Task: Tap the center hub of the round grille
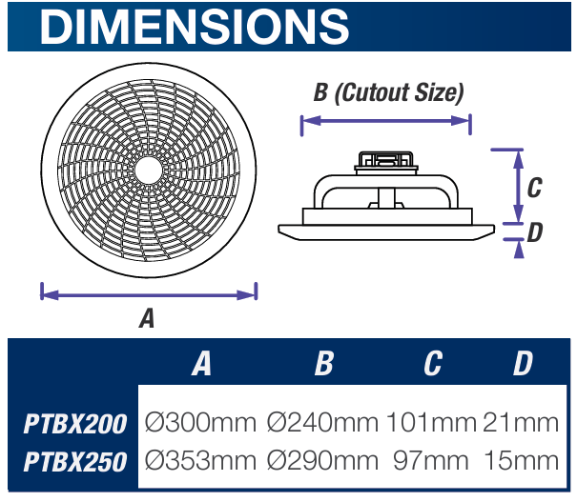(x=148, y=170)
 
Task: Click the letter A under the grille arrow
(x=146, y=319)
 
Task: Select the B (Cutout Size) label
(x=388, y=93)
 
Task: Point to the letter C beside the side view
(x=534, y=187)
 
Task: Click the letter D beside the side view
(x=534, y=231)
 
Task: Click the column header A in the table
(x=200, y=363)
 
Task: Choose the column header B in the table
(x=323, y=363)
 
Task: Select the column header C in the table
(x=433, y=363)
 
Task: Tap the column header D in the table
(x=522, y=363)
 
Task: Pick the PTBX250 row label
(x=75, y=462)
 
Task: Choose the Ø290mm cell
(x=322, y=461)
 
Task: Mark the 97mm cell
(x=432, y=461)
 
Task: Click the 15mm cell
(x=521, y=461)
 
